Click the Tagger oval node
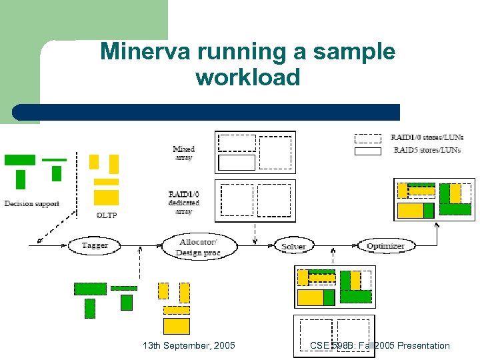point(94,245)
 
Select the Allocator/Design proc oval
point(199,246)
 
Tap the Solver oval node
point(293,246)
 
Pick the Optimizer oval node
point(385,246)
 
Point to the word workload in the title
point(248,78)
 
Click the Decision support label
point(31,203)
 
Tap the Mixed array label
point(183,153)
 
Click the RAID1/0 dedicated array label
point(183,203)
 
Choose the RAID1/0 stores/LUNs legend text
point(427,138)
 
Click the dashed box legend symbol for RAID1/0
point(367,138)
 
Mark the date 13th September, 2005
point(189,345)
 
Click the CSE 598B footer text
point(379,345)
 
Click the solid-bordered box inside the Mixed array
point(237,162)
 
